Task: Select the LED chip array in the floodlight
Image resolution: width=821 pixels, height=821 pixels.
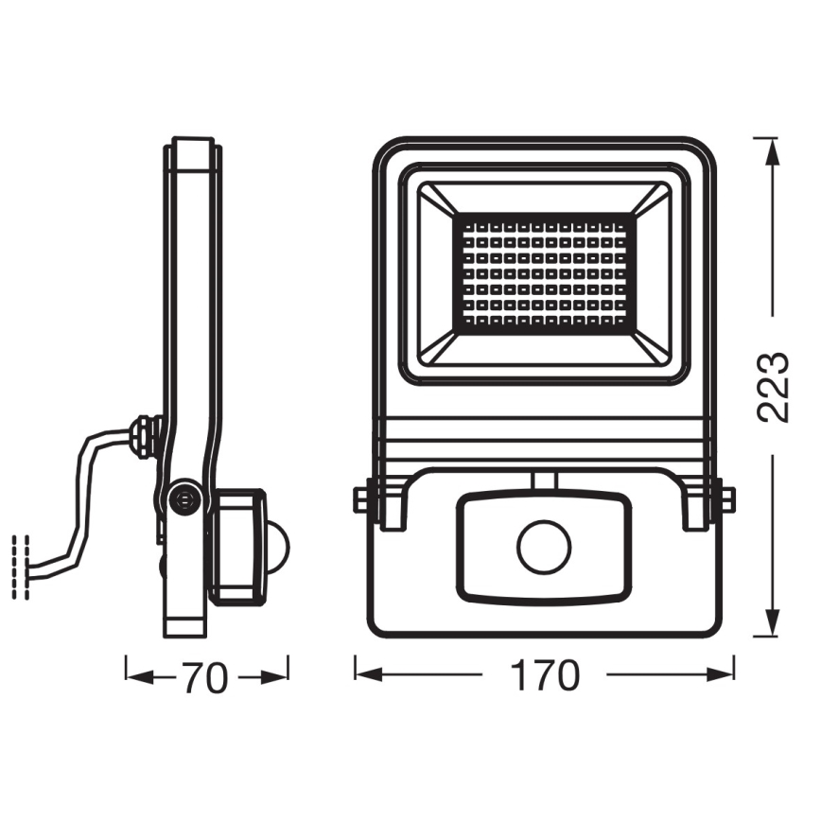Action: point(546,272)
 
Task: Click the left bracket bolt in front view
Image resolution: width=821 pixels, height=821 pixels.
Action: point(361,498)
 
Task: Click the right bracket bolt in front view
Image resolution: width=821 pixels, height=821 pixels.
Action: point(727,498)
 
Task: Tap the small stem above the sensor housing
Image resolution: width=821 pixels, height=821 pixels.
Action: point(544,480)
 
